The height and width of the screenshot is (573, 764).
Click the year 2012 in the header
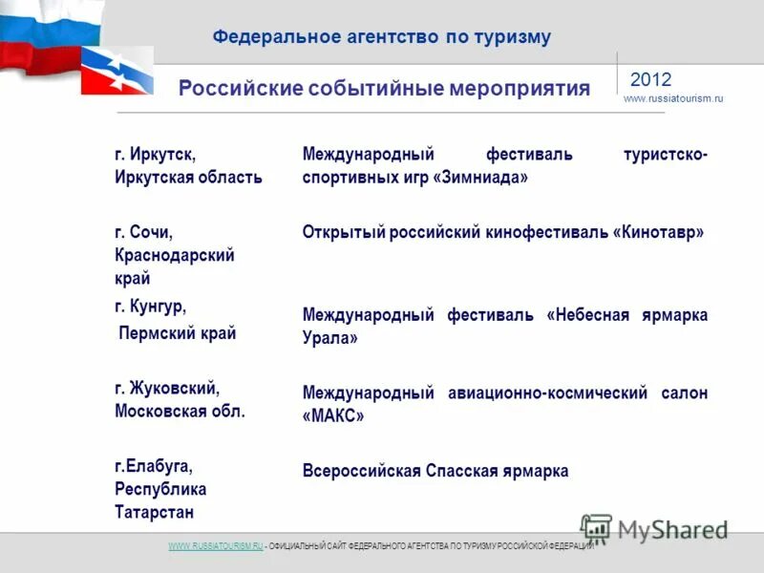[x=650, y=79]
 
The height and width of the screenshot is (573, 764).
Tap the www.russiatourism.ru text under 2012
[x=672, y=99]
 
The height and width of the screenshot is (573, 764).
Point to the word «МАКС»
[x=333, y=416]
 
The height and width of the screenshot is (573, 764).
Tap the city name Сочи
[x=152, y=232]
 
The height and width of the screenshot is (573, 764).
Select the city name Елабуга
[x=159, y=466]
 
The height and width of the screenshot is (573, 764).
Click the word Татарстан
[x=154, y=513]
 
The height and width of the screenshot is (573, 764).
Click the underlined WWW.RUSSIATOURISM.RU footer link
[x=215, y=546]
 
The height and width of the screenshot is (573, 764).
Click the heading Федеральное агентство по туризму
[x=381, y=37]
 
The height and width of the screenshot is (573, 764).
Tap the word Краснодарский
[x=175, y=256]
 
